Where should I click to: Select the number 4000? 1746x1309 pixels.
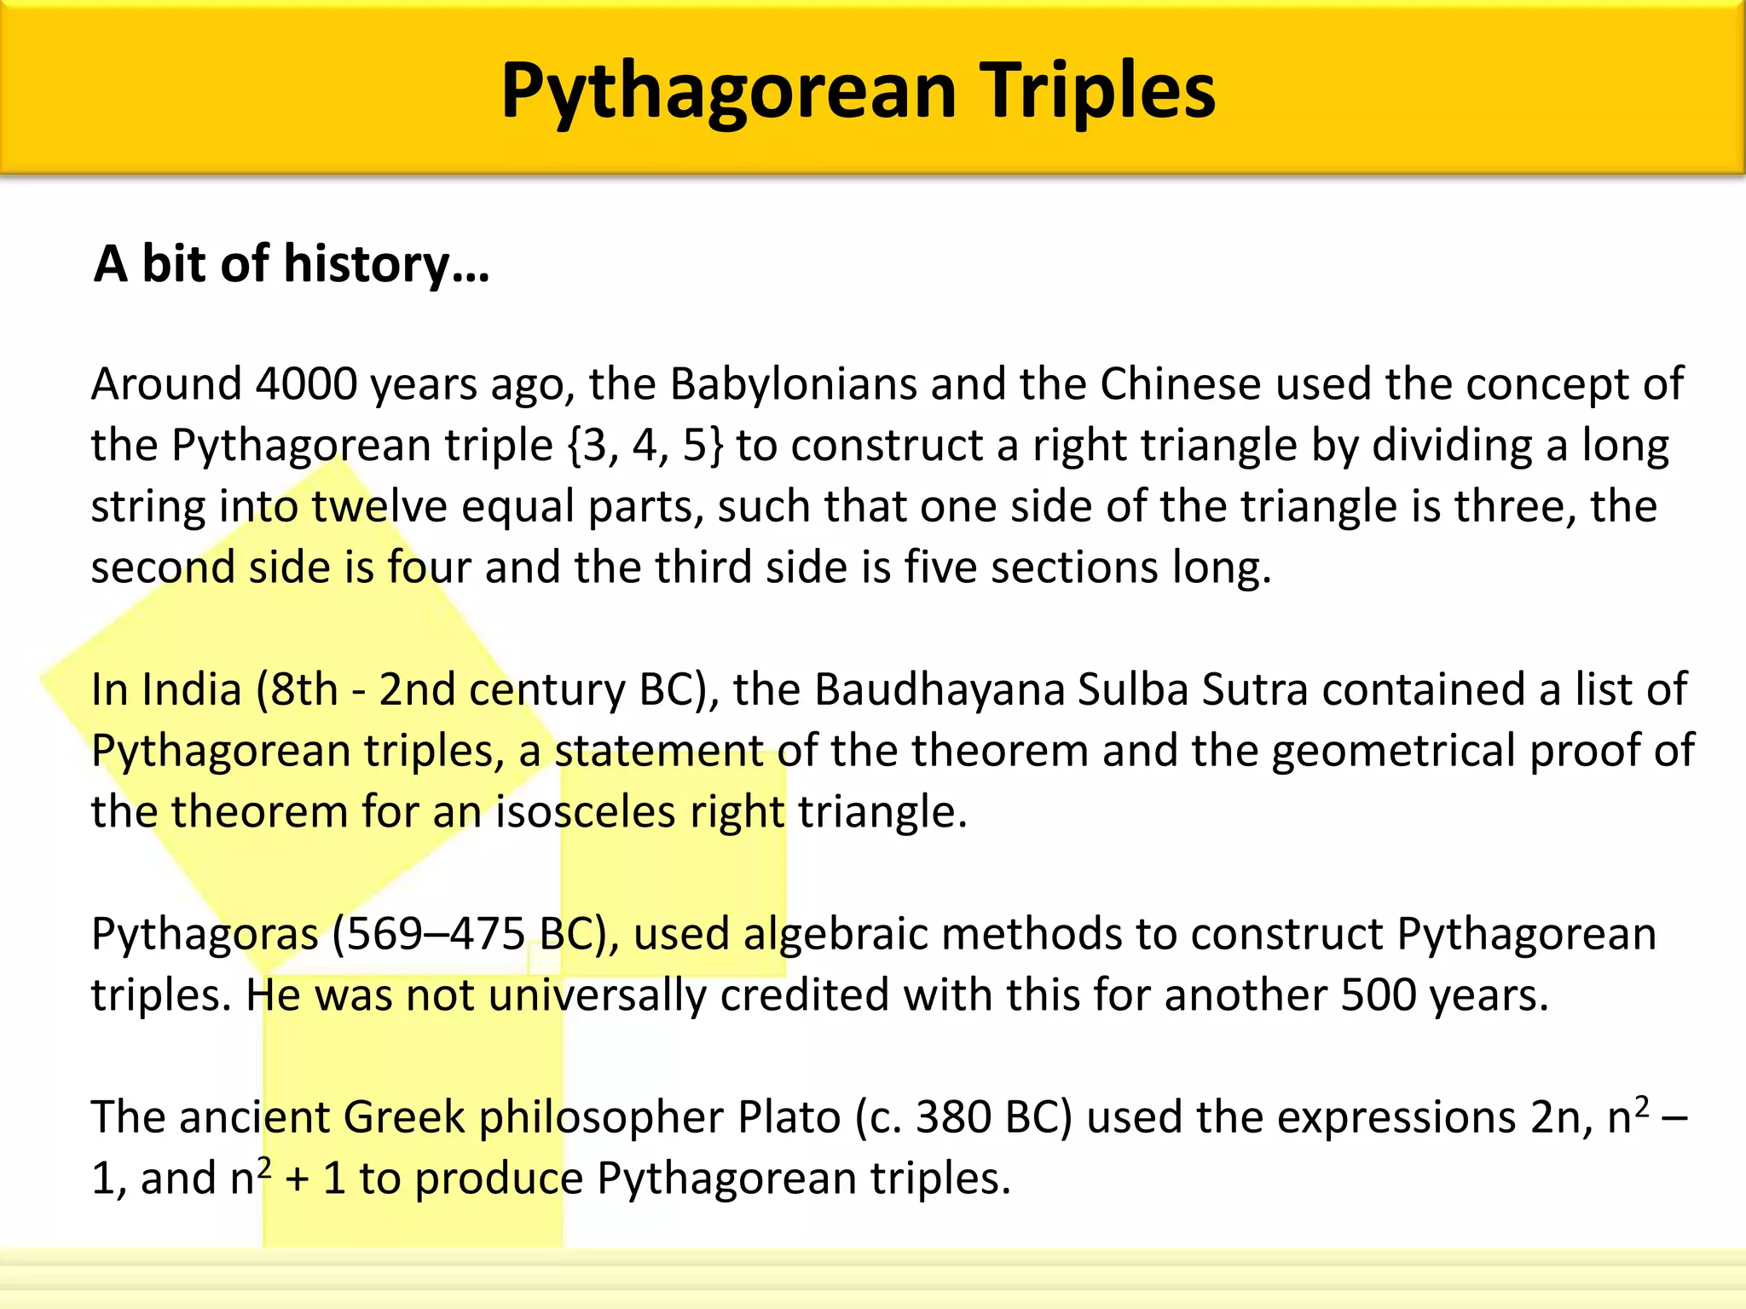tap(306, 384)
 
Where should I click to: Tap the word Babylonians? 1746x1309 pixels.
tap(793, 384)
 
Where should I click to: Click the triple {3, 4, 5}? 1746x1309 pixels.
tap(645, 446)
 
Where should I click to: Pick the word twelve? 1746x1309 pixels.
tap(379, 507)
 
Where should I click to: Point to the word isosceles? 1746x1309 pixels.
tap(586, 811)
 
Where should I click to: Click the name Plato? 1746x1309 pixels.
tap(789, 1117)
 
